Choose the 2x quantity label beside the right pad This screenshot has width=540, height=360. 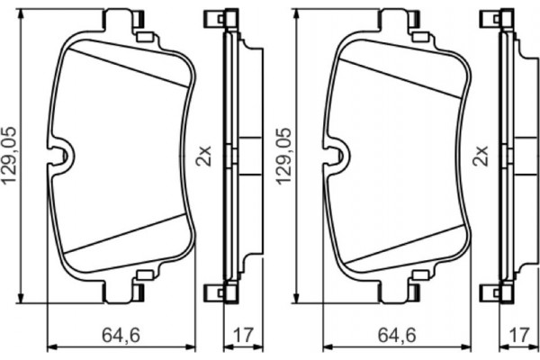tap(481, 155)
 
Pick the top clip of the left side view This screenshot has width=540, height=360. tap(214, 18)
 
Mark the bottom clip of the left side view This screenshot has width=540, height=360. tap(214, 292)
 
